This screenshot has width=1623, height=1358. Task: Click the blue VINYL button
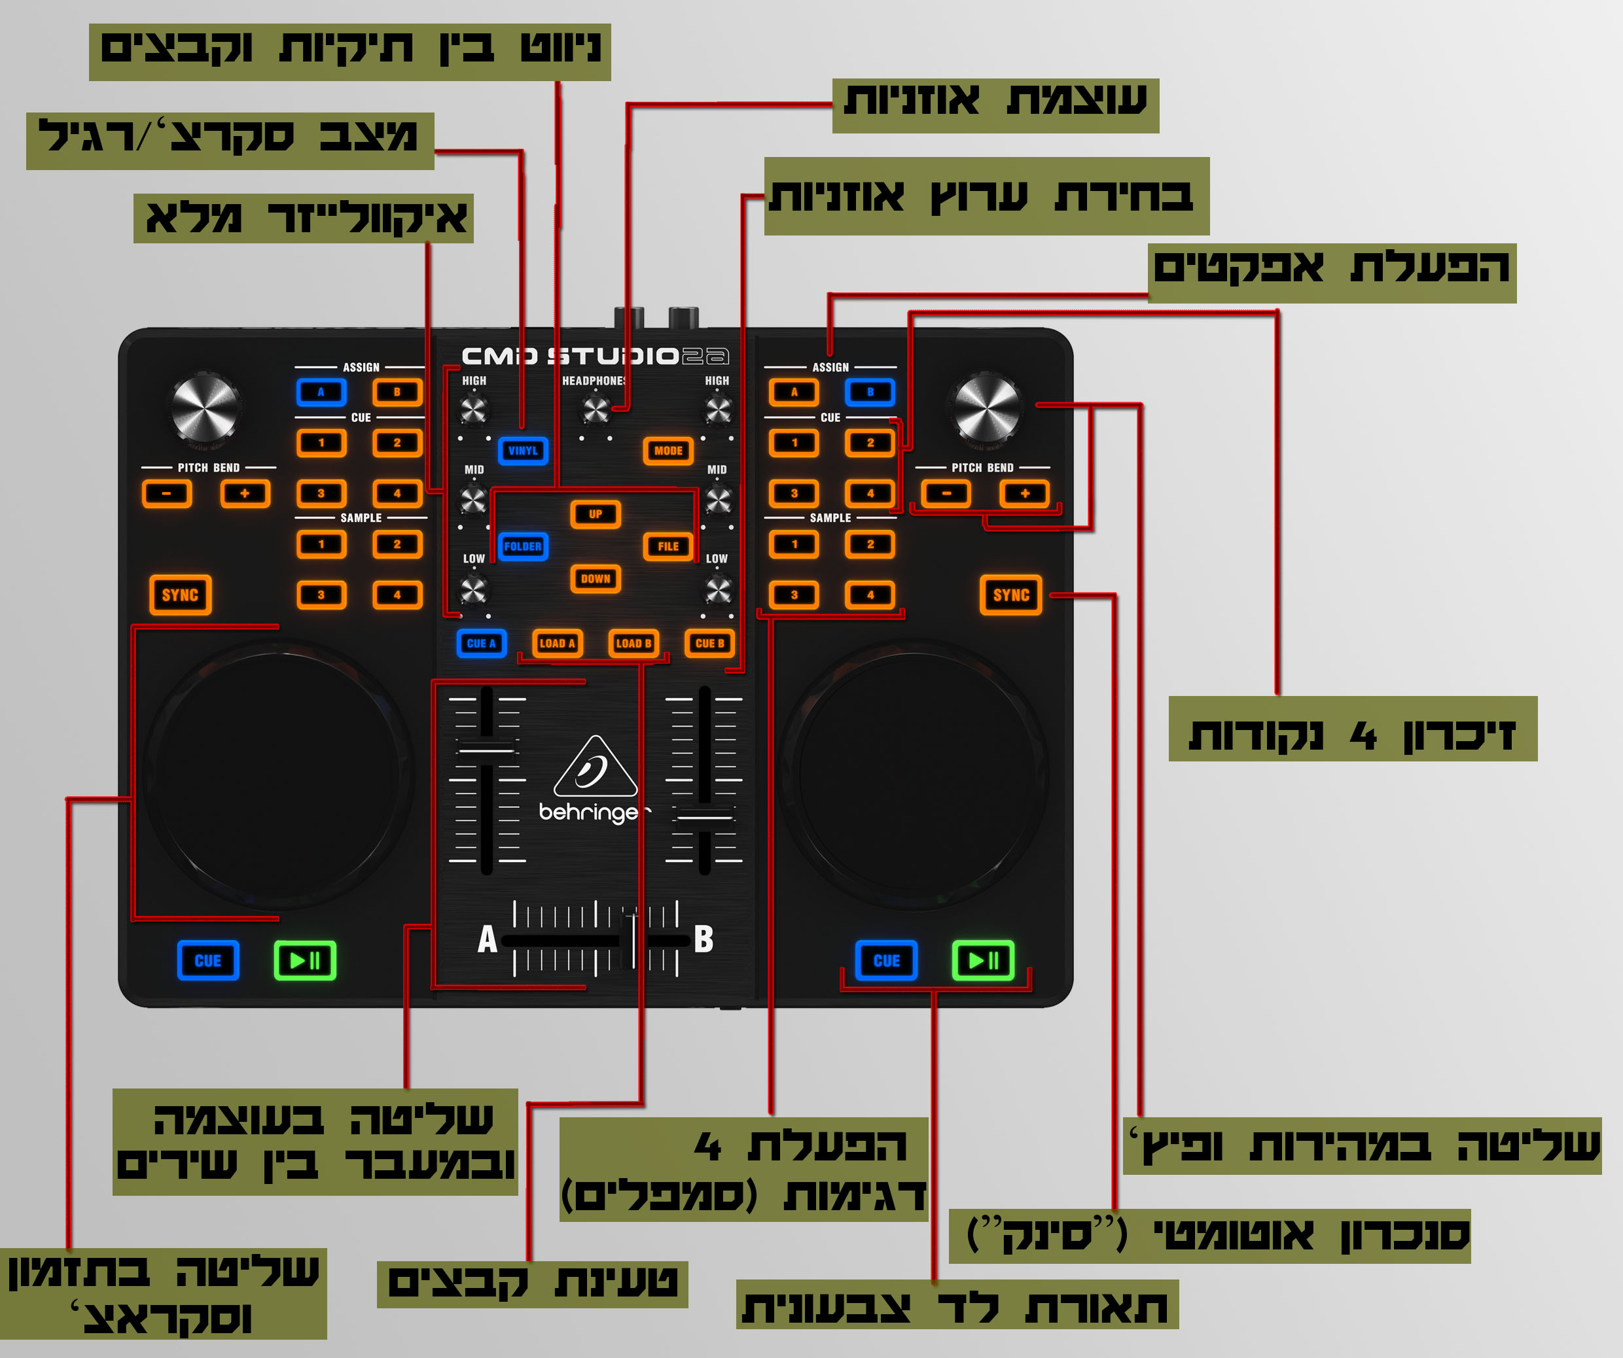click(x=524, y=450)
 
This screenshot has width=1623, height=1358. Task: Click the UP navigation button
click(x=595, y=514)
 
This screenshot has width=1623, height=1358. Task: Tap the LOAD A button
click(x=557, y=642)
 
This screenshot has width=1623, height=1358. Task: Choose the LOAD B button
click(x=633, y=642)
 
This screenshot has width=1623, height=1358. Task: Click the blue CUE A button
click(x=482, y=642)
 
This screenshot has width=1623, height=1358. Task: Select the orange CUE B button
click(x=709, y=642)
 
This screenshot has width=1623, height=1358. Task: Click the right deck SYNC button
click(x=1011, y=595)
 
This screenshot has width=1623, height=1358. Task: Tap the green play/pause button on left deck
click(x=305, y=960)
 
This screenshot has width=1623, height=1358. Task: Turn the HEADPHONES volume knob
click(x=595, y=409)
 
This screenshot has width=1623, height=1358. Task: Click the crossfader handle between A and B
click(x=632, y=940)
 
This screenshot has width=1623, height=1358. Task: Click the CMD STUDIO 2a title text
click(x=595, y=356)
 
